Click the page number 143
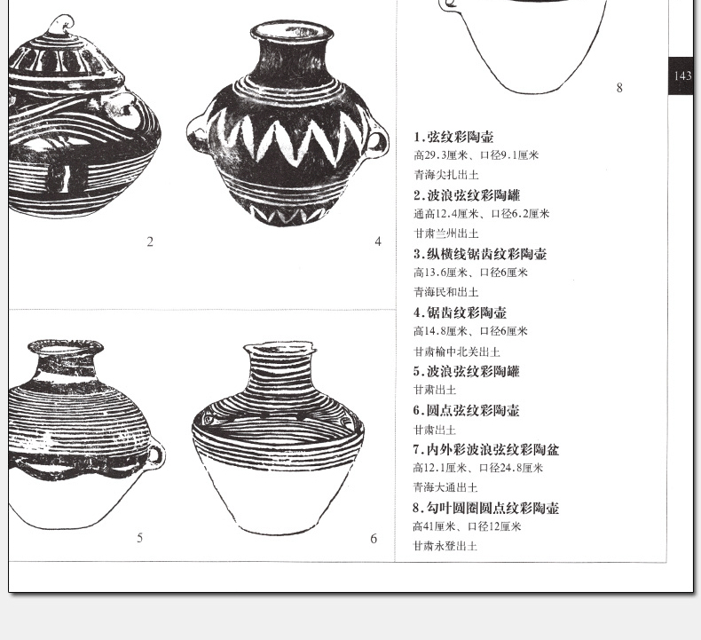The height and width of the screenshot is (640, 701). pyautogui.click(x=683, y=76)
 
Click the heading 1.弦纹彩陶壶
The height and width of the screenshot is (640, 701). pyautogui.click(x=453, y=137)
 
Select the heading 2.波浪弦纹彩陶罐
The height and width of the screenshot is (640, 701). pyautogui.click(x=467, y=195)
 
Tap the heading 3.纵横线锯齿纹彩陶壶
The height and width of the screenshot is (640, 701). pyautogui.click(x=480, y=254)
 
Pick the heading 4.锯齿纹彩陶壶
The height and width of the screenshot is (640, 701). pyautogui.click(x=460, y=312)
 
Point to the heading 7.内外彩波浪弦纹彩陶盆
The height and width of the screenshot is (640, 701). pyautogui.click(x=486, y=449)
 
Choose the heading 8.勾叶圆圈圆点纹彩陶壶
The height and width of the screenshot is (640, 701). pyautogui.click(x=486, y=508)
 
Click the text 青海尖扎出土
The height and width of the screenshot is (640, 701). pyautogui.click(x=446, y=174)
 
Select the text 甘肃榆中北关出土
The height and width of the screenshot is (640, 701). pyautogui.click(x=457, y=352)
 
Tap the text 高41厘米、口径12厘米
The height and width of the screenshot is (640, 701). pyautogui.click(x=467, y=526)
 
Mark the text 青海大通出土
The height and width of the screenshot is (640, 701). pyautogui.click(x=445, y=487)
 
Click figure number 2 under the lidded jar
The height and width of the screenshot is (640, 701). pyautogui.click(x=150, y=242)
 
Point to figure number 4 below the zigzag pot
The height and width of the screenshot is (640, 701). pyautogui.click(x=378, y=241)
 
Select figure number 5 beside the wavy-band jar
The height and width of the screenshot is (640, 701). pyautogui.click(x=140, y=538)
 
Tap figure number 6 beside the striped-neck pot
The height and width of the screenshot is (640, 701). pyautogui.click(x=374, y=539)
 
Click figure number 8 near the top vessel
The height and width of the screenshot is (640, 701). pyautogui.click(x=619, y=88)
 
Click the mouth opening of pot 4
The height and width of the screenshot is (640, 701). pyautogui.click(x=292, y=31)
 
